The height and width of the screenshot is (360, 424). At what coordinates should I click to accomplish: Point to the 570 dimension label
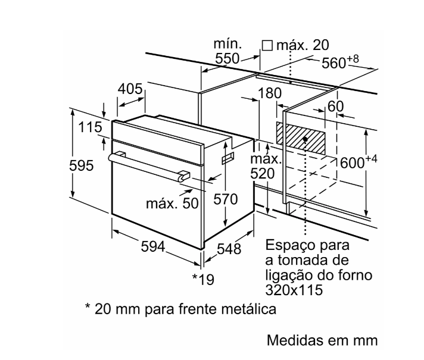tap(226, 199)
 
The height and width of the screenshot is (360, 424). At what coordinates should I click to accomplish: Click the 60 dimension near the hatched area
tap(336, 107)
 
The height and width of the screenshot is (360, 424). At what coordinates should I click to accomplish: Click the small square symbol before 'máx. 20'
tap(267, 45)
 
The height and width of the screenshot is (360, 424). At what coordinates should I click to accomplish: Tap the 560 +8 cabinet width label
tap(341, 62)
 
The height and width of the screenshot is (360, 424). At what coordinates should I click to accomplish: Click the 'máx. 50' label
tap(172, 204)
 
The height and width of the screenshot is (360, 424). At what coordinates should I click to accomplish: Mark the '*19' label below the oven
tap(202, 278)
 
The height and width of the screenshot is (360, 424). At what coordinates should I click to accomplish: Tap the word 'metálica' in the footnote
tap(251, 309)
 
